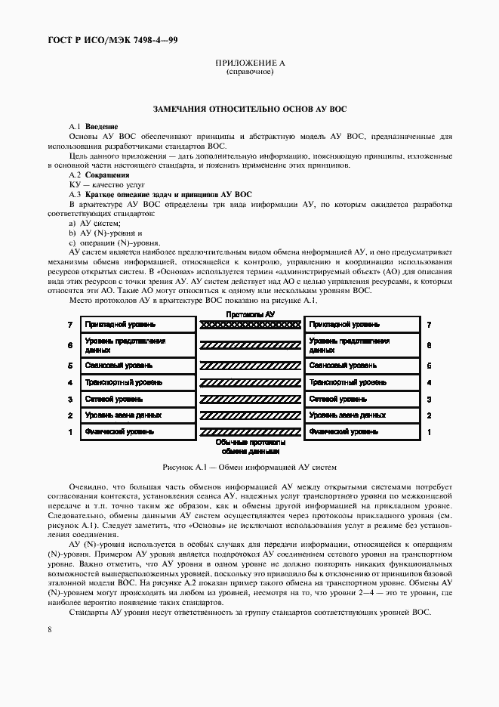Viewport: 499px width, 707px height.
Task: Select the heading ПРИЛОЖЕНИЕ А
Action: point(249,64)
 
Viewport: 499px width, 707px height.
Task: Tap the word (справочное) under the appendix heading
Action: point(249,73)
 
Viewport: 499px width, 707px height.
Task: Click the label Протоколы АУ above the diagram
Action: point(250,313)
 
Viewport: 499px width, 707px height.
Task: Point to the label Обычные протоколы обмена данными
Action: point(250,446)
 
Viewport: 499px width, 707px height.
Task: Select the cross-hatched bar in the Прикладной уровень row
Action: point(250,325)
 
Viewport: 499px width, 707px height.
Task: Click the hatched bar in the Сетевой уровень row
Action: point(250,399)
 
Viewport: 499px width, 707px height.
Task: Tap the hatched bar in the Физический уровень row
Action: point(250,432)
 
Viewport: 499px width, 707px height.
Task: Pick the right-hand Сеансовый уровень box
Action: point(362,365)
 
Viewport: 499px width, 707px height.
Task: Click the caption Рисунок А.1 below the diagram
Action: point(249,468)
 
